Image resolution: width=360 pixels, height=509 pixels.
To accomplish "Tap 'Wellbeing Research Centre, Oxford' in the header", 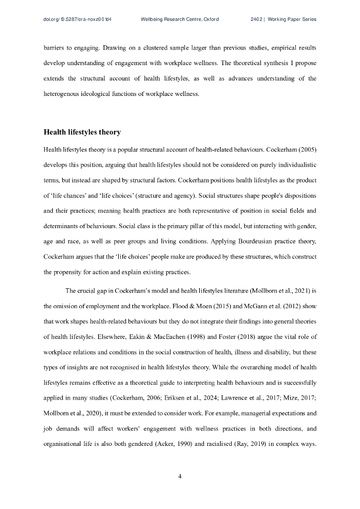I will click(180, 19).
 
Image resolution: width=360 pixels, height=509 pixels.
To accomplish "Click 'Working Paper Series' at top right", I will click(292, 19).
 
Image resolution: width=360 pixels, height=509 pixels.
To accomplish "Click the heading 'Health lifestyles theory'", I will click(82, 132).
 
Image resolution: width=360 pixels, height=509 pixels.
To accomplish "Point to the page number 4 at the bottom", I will click(180, 477).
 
